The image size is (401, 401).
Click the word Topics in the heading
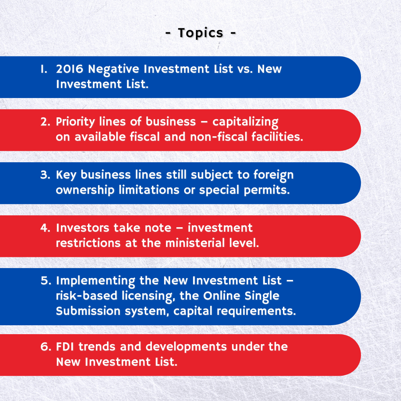[200, 33]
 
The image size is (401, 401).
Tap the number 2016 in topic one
[69, 69]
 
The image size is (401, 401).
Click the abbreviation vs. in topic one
[245, 69]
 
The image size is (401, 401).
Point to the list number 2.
[45, 122]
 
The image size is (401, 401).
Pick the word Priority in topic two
[75, 122]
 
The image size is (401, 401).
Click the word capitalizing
[245, 122]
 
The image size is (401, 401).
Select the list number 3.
[45, 175]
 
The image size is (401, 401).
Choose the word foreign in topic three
[273, 175]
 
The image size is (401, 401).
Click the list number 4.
[45, 228]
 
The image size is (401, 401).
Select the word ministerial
[195, 243]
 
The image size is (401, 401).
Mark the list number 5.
[46, 281]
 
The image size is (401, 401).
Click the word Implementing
[95, 281]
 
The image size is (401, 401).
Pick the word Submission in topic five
[88, 311]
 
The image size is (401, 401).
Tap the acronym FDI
[65, 347]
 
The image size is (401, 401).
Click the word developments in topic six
[186, 347]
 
